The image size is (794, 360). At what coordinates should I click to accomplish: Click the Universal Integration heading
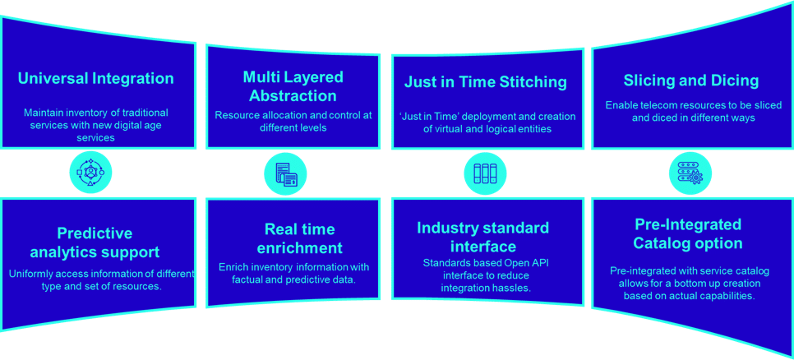click(95, 78)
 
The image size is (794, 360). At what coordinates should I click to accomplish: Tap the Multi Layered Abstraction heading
click(293, 86)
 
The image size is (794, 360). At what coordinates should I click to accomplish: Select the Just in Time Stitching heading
click(486, 82)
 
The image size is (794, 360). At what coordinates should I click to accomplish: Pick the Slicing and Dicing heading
click(691, 81)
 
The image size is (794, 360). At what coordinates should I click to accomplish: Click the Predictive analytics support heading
click(95, 242)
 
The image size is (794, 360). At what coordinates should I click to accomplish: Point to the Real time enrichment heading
click(300, 238)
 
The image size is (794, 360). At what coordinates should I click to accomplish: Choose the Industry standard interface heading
click(483, 237)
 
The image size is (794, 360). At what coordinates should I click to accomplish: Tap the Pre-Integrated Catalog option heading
click(688, 233)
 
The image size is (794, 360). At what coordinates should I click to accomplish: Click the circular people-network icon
click(90, 173)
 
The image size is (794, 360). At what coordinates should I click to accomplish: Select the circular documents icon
click(285, 174)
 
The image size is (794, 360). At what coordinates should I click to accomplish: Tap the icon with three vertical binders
click(485, 173)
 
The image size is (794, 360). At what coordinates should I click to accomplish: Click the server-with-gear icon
click(690, 173)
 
